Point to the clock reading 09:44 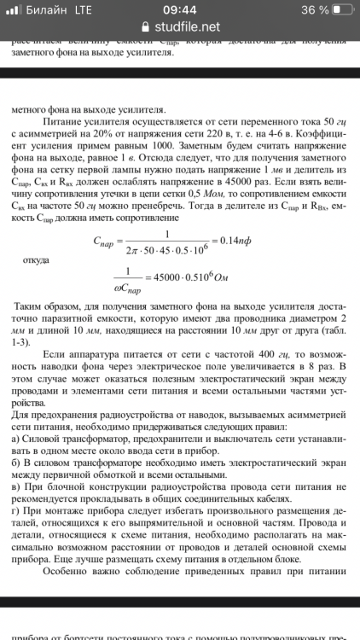tap(179, 9)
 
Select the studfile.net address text tap(188, 26)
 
